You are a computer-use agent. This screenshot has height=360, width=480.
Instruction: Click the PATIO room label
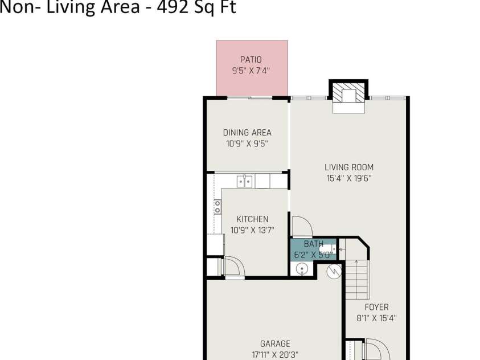coord(251,59)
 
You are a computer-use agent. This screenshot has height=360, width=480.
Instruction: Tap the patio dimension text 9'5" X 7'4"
coord(251,71)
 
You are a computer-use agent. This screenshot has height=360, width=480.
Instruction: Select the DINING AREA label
coord(247,133)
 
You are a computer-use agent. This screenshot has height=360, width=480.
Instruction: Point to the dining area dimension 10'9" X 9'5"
coord(247,144)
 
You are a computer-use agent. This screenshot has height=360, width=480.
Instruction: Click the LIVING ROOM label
coord(349,167)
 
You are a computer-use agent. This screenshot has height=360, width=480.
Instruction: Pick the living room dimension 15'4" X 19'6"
coord(349,178)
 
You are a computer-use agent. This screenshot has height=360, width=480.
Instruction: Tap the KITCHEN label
coord(252,219)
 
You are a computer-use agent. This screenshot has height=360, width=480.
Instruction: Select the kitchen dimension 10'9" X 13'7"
coord(252,230)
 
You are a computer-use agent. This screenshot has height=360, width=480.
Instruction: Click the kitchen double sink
coord(245,181)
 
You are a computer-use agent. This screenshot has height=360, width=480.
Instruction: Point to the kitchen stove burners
coord(218,207)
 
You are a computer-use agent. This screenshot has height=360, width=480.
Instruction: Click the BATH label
coord(314,244)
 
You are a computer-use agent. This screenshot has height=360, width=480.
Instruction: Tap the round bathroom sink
coord(302,269)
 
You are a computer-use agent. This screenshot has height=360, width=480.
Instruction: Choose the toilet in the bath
coord(327,248)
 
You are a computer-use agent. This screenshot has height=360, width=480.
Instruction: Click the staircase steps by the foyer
coord(357,280)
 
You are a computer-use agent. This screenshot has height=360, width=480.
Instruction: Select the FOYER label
coord(376,307)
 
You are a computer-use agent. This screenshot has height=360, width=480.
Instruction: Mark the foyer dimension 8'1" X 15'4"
coord(376,318)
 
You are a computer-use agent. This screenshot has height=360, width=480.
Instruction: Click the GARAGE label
coord(275,344)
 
